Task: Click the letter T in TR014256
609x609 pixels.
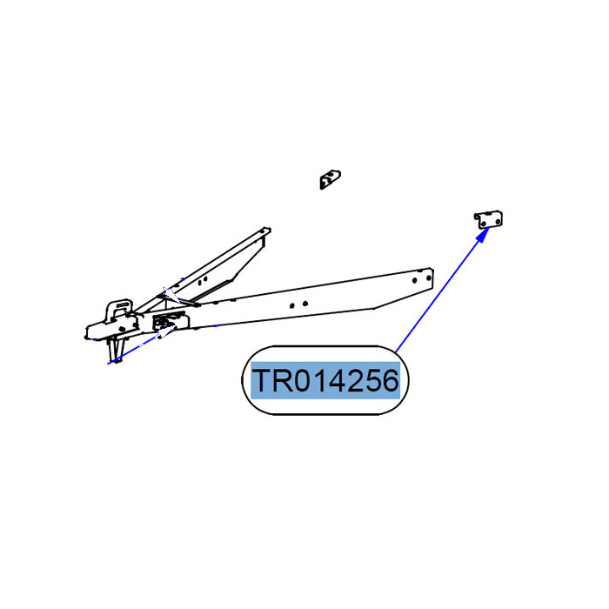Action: pyautogui.click(x=264, y=381)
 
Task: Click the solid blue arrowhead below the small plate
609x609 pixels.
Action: pyautogui.click(x=483, y=234)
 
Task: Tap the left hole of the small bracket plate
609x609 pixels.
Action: pyautogui.click(x=483, y=224)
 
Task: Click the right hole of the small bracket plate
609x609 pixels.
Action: pyautogui.click(x=498, y=221)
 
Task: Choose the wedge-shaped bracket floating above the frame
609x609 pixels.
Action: pyautogui.click(x=330, y=179)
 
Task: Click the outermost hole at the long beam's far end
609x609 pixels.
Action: pyautogui.click(x=429, y=278)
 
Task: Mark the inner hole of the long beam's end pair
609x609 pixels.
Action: pyautogui.click(x=414, y=280)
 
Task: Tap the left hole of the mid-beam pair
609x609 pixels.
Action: pyautogui.click(x=291, y=305)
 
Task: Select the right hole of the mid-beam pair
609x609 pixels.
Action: pyautogui.click(x=305, y=304)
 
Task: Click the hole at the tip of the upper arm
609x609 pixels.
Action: pyautogui.click(x=264, y=231)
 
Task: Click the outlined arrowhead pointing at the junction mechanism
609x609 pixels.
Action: pyautogui.click(x=167, y=331)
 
